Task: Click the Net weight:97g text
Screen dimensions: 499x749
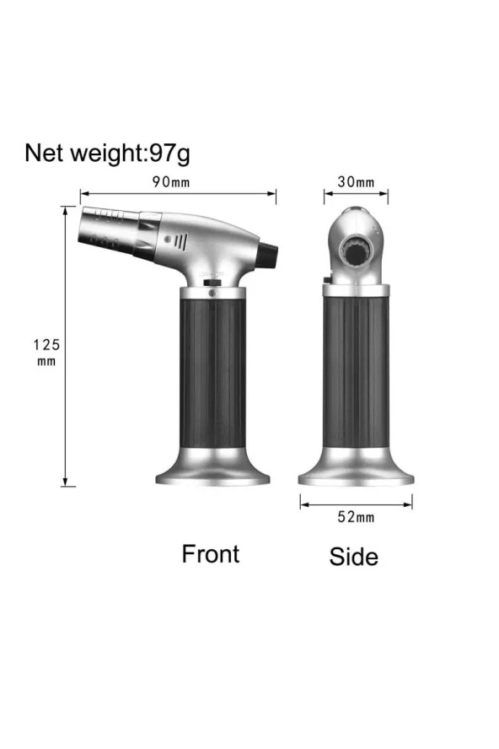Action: click(x=107, y=154)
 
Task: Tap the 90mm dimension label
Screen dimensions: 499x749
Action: click(x=171, y=182)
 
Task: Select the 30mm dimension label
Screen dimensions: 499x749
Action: click(x=356, y=182)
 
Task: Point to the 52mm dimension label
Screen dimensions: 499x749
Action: click(x=356, y=517)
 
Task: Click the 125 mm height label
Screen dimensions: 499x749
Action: click(x=46, y=352)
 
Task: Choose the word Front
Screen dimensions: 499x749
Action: click(x=211, y=554)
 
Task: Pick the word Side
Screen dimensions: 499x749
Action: click(x=353, y=557)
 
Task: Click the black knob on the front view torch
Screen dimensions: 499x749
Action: click(x=268, y=255)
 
